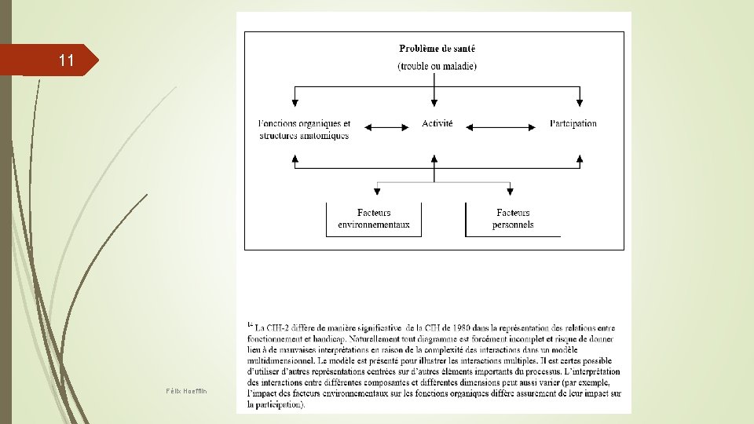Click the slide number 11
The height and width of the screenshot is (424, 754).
click(66, 60)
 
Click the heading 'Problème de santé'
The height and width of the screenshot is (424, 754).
click(437, 49)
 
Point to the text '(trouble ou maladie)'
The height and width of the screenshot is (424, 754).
click(437, 66)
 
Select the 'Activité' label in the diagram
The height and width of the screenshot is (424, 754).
click(437, 123)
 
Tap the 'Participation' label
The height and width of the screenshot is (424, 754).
click(573, 123)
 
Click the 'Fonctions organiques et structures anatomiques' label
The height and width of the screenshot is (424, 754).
click(304, 130)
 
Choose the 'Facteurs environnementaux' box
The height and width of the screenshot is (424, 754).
click(374, 218)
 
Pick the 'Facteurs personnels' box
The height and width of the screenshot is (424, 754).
click(513, 218)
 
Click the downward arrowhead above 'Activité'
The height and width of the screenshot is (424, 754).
click(434, 102)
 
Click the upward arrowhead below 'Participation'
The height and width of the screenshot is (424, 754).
click(580, 158)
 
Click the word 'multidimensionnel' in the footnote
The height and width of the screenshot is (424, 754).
click(283, 360)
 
